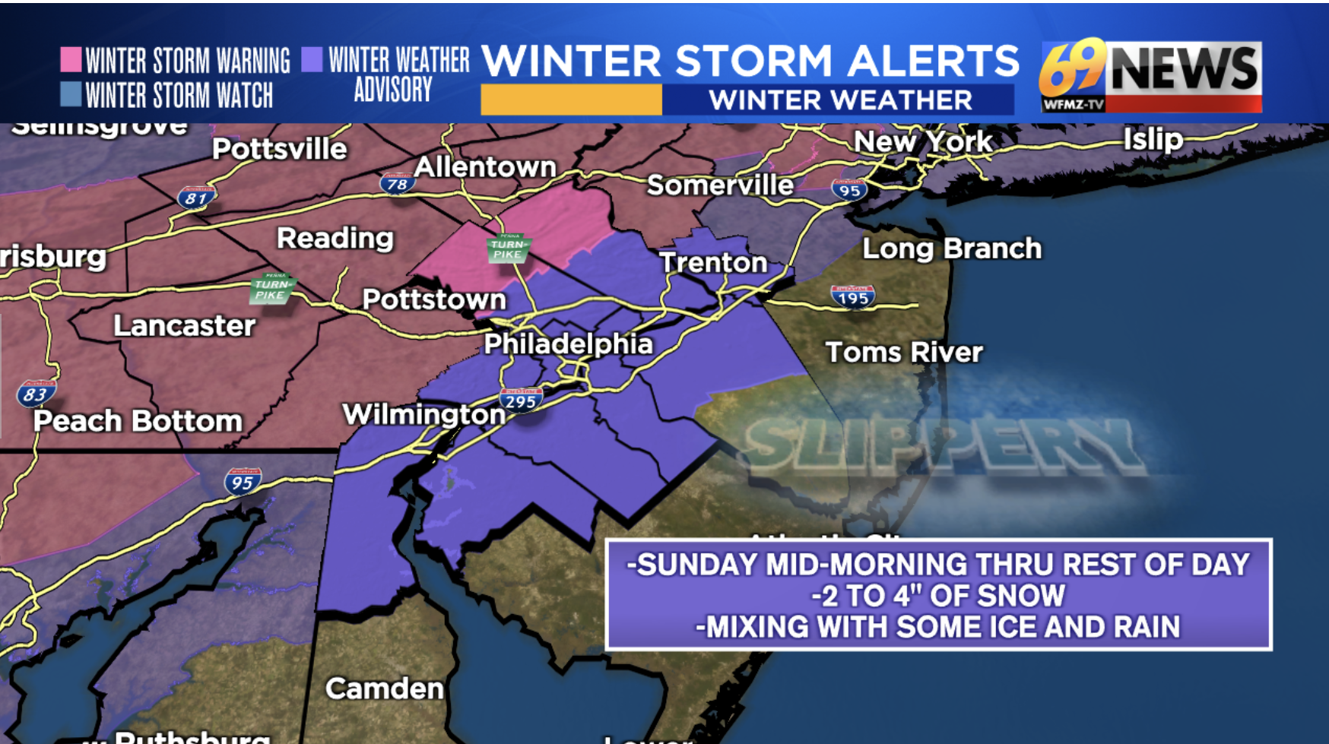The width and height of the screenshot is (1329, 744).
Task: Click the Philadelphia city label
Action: pos(568,344)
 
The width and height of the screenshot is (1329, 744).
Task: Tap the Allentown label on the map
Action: pos(485,167)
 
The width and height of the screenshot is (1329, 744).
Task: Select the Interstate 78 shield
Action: pos(397,183)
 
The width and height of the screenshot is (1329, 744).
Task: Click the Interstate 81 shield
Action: pos(195,198)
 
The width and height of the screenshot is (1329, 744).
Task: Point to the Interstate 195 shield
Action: pos(852,297)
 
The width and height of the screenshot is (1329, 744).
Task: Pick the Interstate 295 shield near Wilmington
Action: pos(521,400)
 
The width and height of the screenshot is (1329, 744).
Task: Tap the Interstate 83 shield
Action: pos(36,394)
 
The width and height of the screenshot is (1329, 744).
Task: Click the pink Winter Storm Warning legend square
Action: pos(71,59)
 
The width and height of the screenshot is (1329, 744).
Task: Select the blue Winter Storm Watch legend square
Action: pos(71,94)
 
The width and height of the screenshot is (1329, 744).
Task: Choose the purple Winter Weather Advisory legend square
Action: pos(312,59)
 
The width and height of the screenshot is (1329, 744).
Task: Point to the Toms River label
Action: pos(904,352)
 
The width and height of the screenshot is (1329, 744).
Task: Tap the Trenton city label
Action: pos(713,262)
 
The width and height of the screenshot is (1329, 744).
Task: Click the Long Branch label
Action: pos(951,249)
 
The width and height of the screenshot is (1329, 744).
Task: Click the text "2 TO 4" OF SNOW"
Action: pos(938,596)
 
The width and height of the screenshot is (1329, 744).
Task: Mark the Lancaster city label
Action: pos(184,325)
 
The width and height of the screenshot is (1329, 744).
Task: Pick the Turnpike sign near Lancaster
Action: pos(271,289)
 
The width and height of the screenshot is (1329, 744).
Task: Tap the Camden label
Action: pos(384,689)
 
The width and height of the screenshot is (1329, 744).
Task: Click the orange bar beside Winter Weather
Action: pos(571,100)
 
